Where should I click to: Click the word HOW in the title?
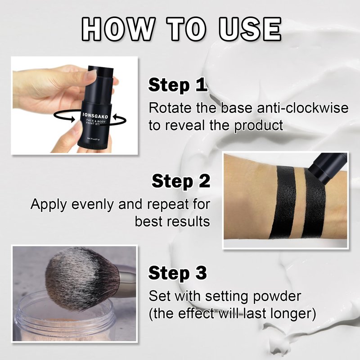[117, 29]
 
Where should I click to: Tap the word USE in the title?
[250, 29]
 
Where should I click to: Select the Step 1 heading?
[177, 85]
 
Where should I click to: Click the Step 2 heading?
[181, 181]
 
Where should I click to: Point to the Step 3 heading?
[177, 273]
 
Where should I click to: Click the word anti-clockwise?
[302, 108]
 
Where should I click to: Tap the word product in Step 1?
[258, 126]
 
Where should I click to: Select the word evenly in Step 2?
[93, 205]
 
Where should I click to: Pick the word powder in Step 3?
[277, 297]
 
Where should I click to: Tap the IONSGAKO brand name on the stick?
[95, 115]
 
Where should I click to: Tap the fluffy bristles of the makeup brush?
[79, 278]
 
